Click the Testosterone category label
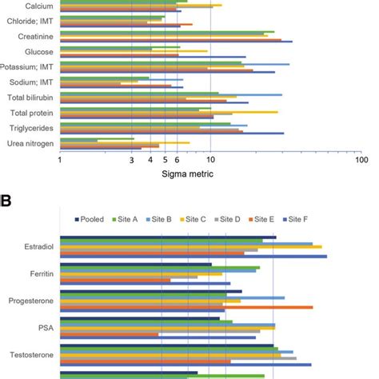(x=31, y=353)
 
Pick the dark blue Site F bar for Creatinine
(x=176, y=42)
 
